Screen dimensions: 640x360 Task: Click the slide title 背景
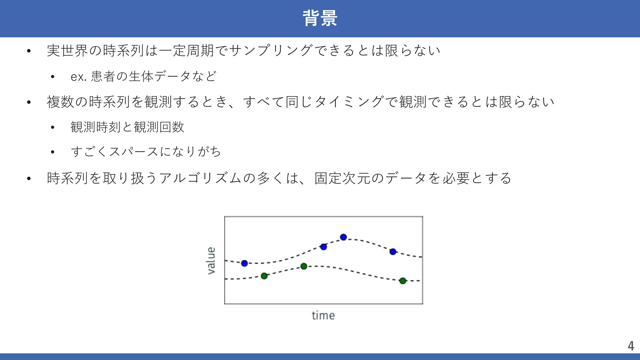pyautogui.click(x=320, y=18)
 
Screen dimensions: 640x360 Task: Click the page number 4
pyautogui.click(x=631, y=346)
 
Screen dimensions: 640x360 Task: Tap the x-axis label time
pyautogui.click(x=323, y=315)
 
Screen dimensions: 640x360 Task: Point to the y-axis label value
pyautogui.click(x=211, y=261)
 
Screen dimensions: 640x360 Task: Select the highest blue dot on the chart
pyautogui.click(x=343, y=237)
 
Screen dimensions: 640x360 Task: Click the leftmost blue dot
pyautogui.click(x=244, y=263)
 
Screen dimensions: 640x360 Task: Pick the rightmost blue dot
pyautogui.click(x=393, y=252)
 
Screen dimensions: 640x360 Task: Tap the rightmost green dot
pyautogui.click(x=403, y=281)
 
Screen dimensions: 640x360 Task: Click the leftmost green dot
pyautogui.click(x=264, y=276)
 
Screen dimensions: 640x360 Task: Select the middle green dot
pyautogui.click(x=304, y=266)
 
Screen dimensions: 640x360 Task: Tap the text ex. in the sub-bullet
pyautogui.click(x=79, y=77)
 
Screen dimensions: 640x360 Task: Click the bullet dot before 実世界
pyautogui.click(x=29, y=51)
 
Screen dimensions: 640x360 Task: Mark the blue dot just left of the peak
pyautogui.click(x=323, y=247)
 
